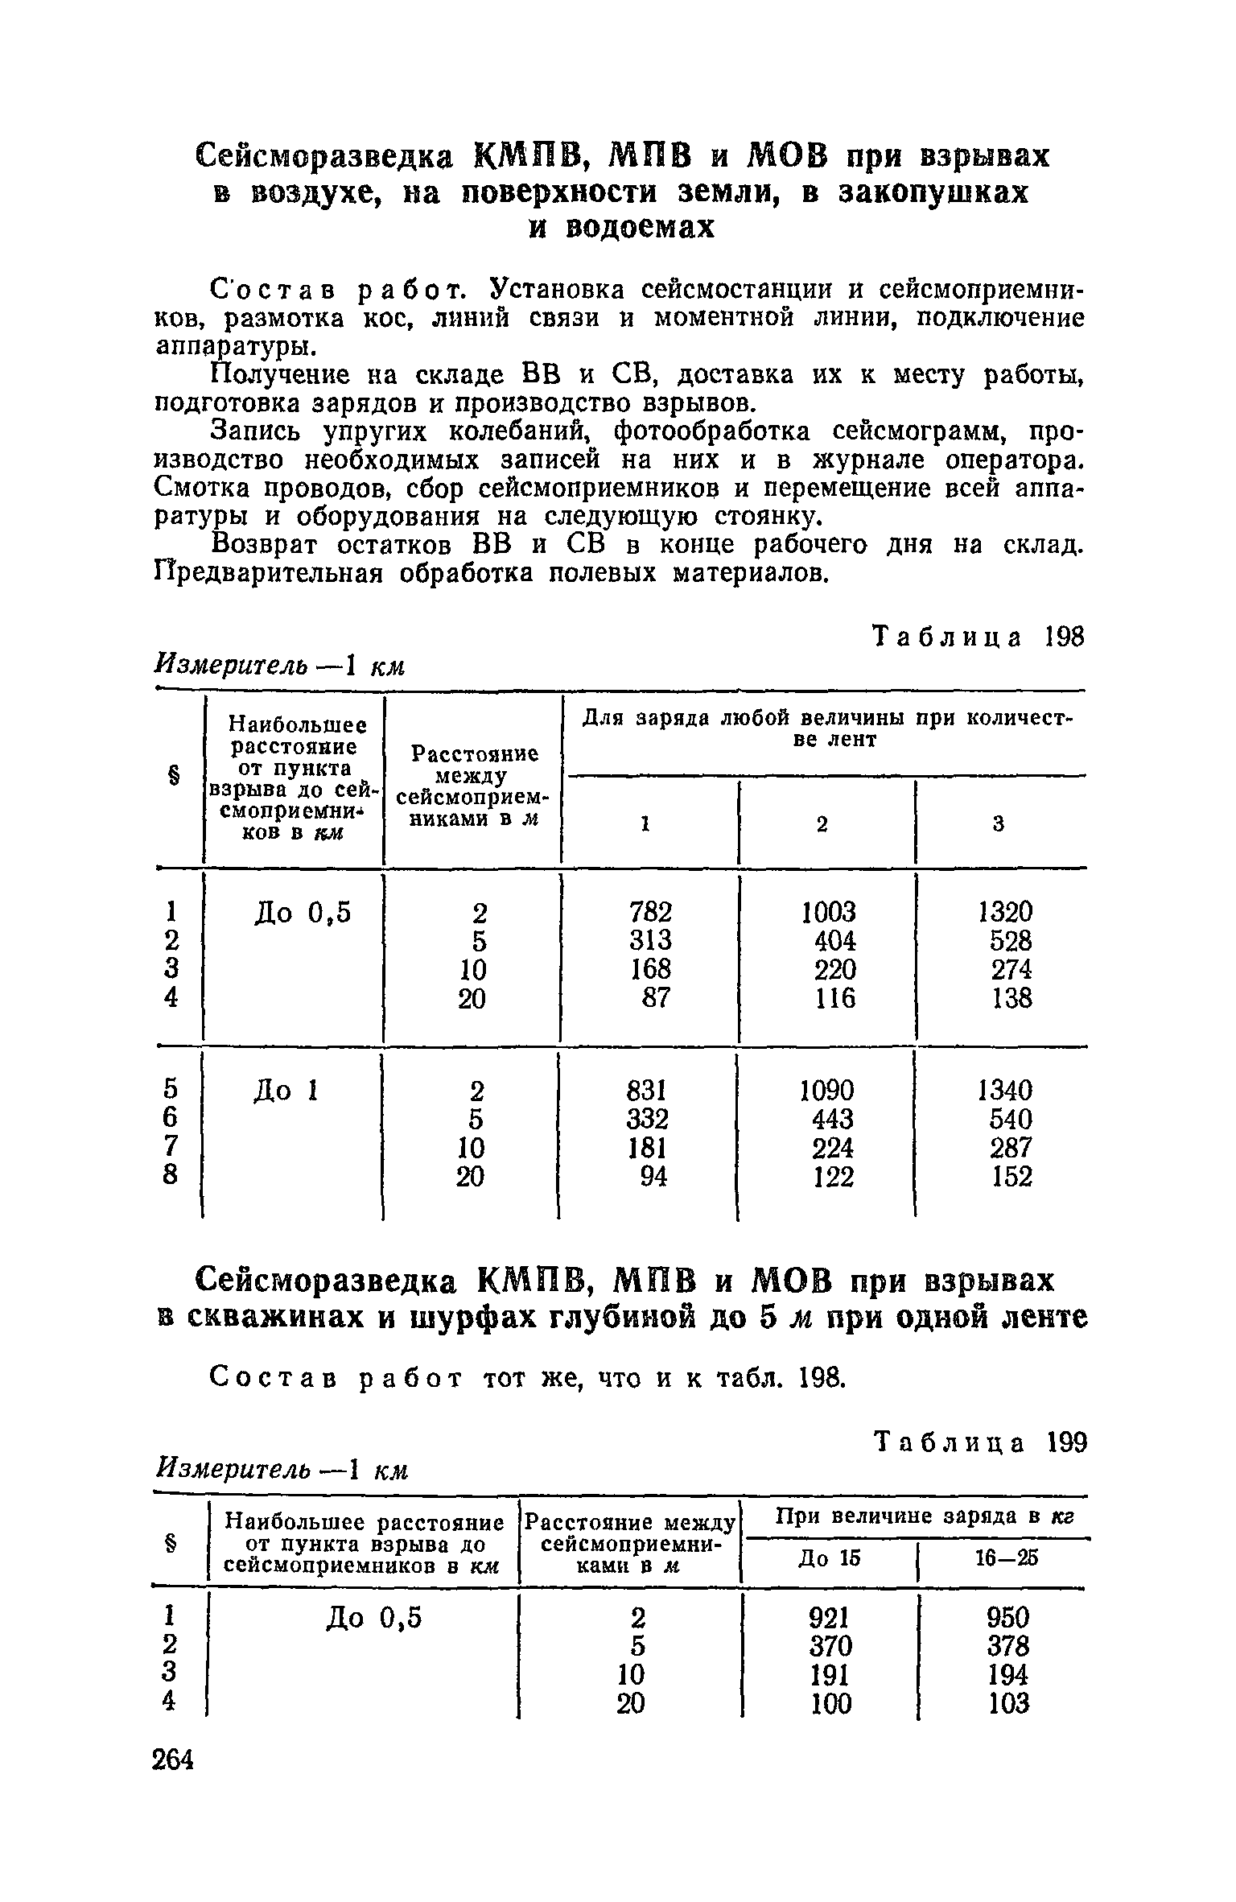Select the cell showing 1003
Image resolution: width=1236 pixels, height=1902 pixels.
pos(830,911)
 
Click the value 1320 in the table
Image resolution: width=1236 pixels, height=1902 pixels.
pos(1005,911)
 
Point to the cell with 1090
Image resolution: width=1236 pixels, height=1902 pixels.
pos(828,1090)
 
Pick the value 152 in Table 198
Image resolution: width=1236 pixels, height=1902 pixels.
pos(1011,1177)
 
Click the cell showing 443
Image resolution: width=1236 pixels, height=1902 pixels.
pos(834,1119)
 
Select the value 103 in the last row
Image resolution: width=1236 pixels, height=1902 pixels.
pos(1008,1703)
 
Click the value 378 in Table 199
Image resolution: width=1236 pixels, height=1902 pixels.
pos(1008,1645)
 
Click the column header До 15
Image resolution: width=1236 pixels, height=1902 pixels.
pos(829,1558)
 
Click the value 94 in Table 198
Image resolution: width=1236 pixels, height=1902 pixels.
pos(653,1177)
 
